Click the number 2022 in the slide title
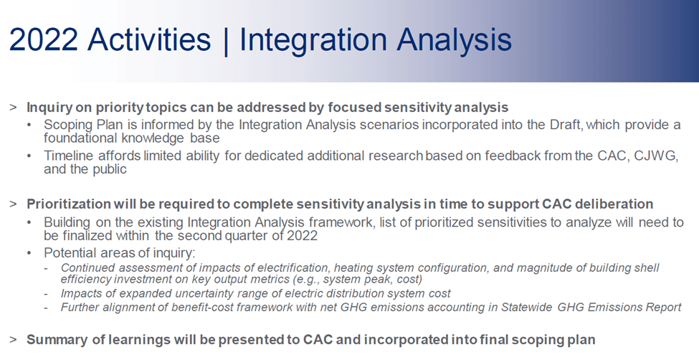click(x=44, y=39)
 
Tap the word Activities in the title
click(x=149, y=39)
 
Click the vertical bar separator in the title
click(x=225, y=41)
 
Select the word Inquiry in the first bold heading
click(x=48, y=108)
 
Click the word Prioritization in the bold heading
click(x=68, y=204)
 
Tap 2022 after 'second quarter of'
click(x=303, y=235)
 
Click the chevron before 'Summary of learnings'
click(x=13, y=339)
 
